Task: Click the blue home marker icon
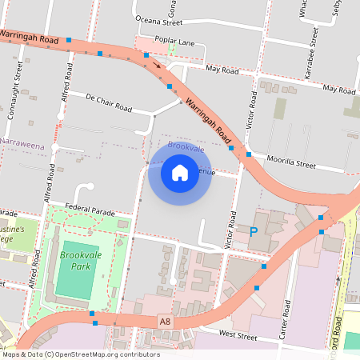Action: (180, 172)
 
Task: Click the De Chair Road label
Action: (108, 102)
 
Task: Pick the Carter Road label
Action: (286, 319)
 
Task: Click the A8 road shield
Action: (165, 321)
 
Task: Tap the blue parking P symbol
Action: (254, 232)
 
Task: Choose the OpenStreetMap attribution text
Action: (81, 354)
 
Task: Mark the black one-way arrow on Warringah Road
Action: (158, 63)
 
